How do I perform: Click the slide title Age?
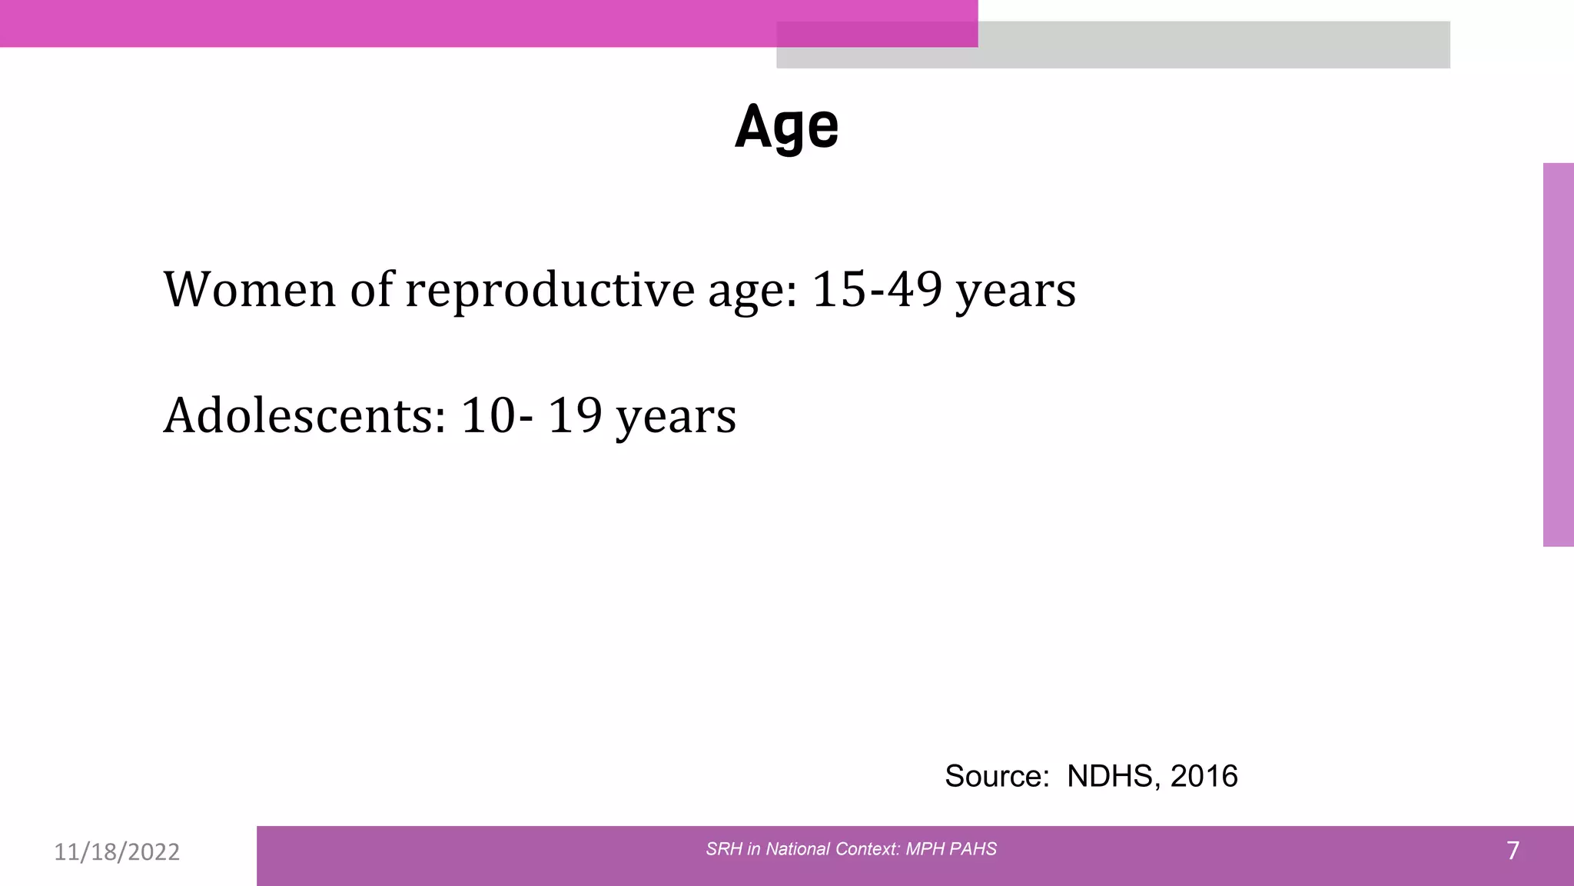click(786, 127)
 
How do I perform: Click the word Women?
click(249, 290)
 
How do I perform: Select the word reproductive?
click(550, 290)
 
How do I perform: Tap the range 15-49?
click(876, 290)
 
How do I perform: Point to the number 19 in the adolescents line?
click(575, 416)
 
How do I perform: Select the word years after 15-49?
click(1015, 292)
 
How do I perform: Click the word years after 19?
click(676, 418)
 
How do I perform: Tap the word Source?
click(996, 776)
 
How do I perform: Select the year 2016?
click(1204, 776)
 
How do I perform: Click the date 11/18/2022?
click(117, 852)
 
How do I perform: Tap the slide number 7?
click(1513, 851)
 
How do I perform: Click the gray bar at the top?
click(1214, 45)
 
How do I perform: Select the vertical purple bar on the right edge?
click(1558, 354)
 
